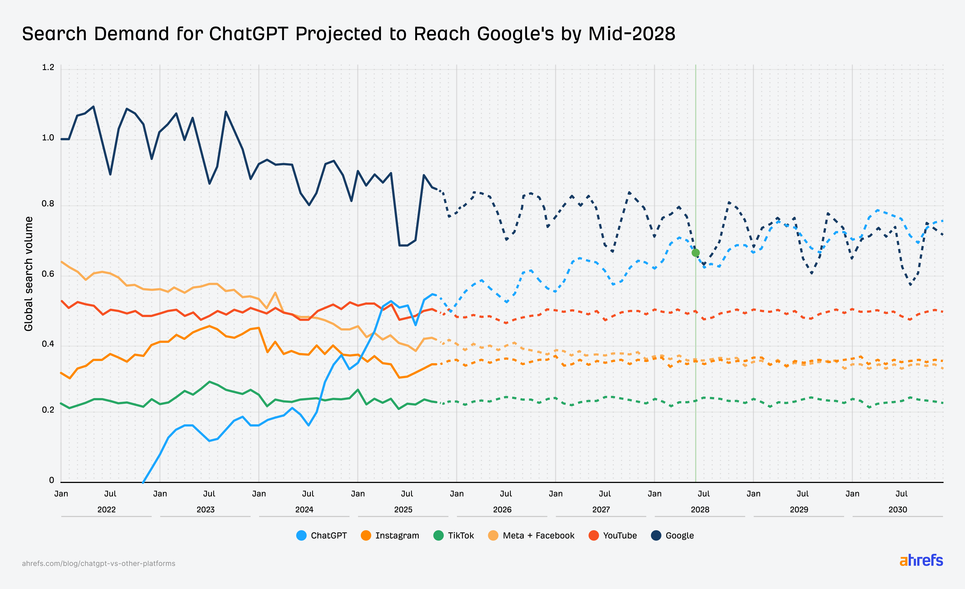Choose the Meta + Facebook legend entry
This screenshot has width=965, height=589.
[x=531, y=535]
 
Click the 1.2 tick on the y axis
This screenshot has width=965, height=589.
[x=48, y=67]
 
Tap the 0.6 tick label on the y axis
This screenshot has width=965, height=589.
[x=48, y=274]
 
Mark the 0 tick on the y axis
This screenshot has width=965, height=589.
[x=51, y=480]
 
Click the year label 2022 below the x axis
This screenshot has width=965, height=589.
[x=107, y=510]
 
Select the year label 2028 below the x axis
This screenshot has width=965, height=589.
[x=700, y=510]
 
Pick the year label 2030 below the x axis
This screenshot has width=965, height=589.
[x=898, y=510]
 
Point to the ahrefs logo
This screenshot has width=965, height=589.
[x=921, y=560]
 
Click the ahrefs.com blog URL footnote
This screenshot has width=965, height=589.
[x=99, y=563]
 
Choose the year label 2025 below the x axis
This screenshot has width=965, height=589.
[x=403, y=510]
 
